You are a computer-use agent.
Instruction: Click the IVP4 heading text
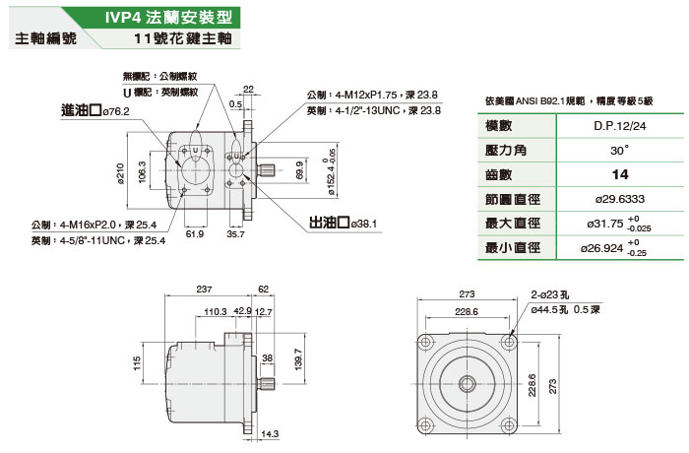pos(148,18)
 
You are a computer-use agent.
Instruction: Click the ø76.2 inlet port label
pos(114,111)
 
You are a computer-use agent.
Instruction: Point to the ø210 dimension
pos(120,173)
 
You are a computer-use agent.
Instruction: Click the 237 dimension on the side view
pos(204,290)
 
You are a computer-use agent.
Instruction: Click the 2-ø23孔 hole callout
pos(550,293)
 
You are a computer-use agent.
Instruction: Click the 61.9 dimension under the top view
pos(193,234)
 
